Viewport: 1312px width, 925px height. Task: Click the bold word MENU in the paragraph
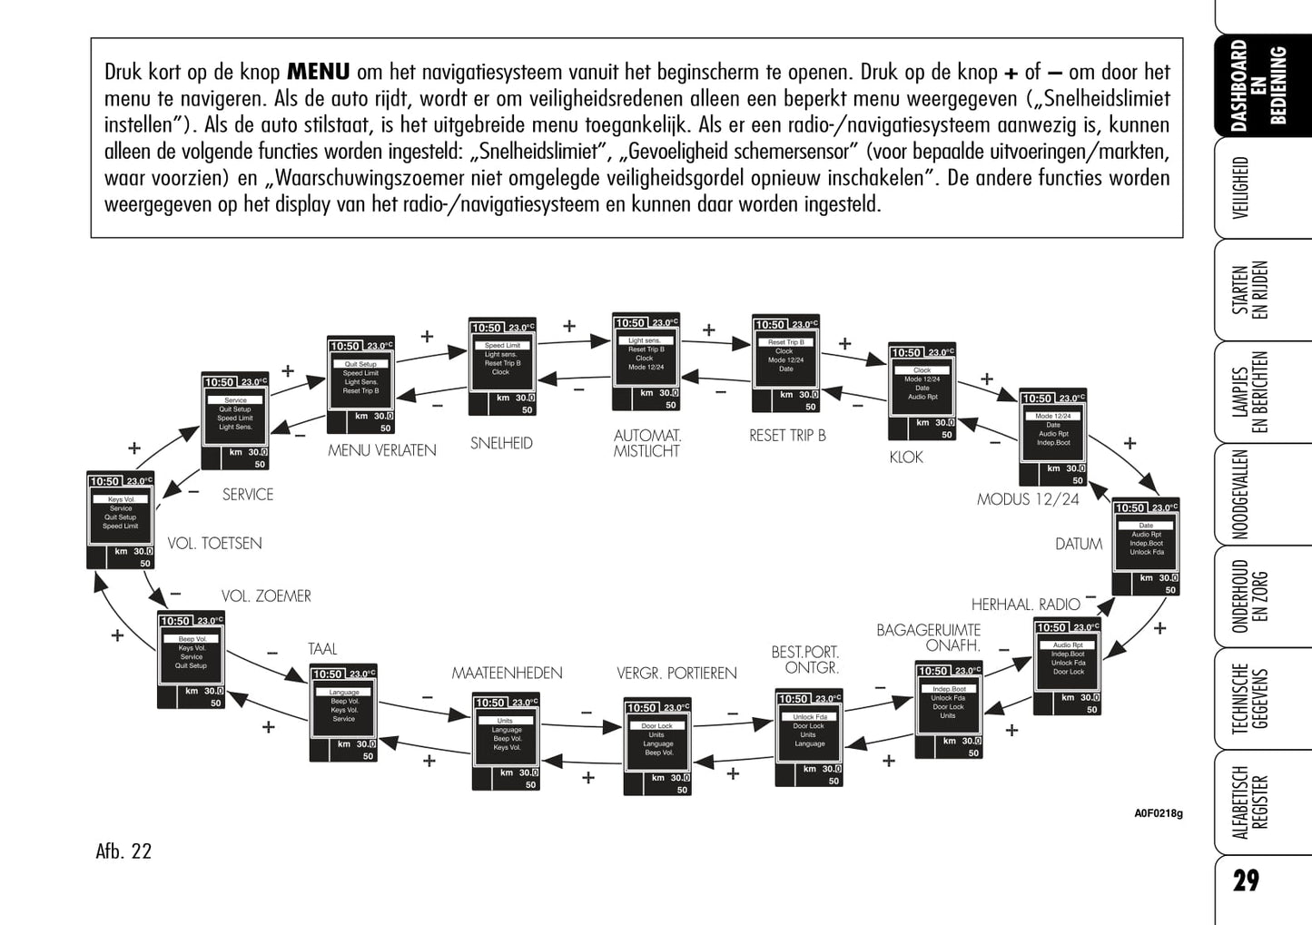click(318, 72)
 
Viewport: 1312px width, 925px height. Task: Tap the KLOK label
click(905, 458)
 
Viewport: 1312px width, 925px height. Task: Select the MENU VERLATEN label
click(381, 450)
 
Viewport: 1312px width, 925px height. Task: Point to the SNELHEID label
click(501, 443)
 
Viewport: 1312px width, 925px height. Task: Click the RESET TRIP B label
click(787, 436)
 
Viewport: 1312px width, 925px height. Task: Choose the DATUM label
click(1079, 544)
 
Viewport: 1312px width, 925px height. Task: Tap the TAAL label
click(322, 649)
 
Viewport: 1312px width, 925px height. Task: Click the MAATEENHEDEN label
click(507, 674)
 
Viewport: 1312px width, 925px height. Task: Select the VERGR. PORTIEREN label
click(676, 674)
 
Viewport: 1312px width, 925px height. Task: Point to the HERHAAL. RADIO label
click(1025, 605)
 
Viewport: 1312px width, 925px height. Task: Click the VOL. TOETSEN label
click(214, 544)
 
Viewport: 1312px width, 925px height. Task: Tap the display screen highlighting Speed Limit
click(502, 366)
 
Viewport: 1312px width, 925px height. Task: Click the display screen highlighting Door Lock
click(657, 746)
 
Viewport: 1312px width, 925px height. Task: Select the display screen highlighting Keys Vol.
click(121, 520)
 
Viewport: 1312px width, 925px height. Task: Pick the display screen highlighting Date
click(1146, 546)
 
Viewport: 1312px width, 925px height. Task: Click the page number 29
click(1246, 881)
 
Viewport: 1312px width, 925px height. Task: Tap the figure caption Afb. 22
click(123, 851)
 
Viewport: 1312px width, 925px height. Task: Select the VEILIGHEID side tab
click(1240, 188)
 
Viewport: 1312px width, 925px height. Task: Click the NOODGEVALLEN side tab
click(1240, 494)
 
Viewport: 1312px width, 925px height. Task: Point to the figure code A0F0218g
click(1158, 813)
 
